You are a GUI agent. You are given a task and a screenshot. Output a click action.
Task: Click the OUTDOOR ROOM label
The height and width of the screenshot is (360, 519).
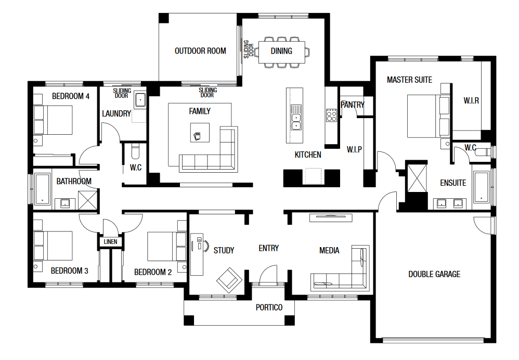[200, 51]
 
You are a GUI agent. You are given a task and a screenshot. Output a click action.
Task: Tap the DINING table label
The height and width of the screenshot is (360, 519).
[281, 51]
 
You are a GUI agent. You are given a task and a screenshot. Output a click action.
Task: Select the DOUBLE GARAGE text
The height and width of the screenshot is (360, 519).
[434, 274]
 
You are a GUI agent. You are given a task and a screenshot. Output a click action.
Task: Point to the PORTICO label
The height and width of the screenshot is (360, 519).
[269, 307]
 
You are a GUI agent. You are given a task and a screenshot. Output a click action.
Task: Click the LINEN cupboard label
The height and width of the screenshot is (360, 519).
[111, 242]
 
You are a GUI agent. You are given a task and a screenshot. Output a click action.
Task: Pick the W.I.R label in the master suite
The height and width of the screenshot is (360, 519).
[471, 101]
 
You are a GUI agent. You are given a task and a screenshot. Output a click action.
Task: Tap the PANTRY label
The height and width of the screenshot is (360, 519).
[353, 105]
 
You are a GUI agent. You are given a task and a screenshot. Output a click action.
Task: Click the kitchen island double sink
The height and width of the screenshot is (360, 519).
[296, 122]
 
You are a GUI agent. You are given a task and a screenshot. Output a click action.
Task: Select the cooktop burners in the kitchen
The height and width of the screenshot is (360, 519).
[331, 115]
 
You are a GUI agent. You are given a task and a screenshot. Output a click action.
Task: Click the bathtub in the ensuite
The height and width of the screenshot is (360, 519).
[482, 187]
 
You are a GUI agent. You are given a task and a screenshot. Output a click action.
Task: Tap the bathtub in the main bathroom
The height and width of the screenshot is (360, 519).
[43, 188]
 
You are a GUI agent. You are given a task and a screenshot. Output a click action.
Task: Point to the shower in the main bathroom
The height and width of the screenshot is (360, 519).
[88, 200]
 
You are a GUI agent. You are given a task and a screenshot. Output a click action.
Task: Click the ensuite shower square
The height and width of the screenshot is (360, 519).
[417, 178]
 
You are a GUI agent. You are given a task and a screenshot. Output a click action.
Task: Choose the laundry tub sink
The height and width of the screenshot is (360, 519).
[140, 100]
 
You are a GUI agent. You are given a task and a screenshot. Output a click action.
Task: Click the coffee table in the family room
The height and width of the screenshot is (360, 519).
[200, 133]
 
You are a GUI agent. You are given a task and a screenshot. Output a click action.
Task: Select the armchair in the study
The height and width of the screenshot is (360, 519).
[229, 280]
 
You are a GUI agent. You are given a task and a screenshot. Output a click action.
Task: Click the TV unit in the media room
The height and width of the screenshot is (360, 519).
[331, 217]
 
